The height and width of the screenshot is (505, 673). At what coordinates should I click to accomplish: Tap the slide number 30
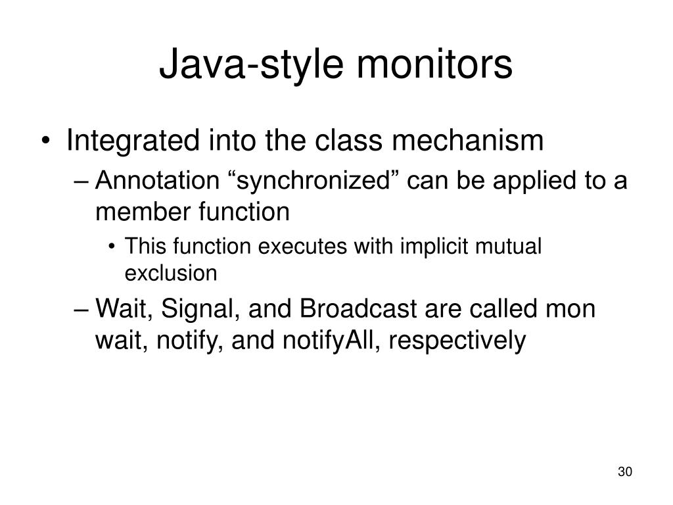[624, 472]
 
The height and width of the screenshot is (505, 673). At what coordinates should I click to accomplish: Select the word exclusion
[170, 272]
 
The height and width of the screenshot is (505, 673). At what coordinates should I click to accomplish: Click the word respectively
[461, 341]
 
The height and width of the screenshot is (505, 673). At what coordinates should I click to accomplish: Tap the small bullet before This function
[114, 248]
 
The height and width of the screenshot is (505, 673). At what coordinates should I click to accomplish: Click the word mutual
[513, 247]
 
